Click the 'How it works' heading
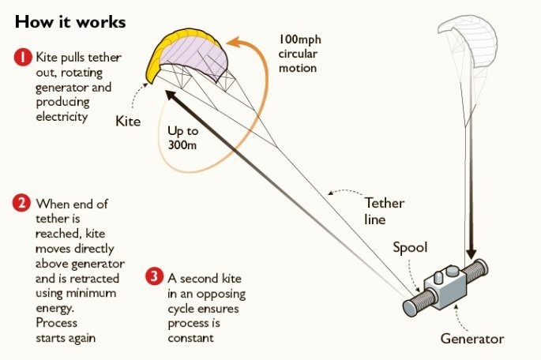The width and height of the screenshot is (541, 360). click(x=70, y=22)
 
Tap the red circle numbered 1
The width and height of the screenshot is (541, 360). click(x=23, y=57)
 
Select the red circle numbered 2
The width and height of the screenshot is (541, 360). click(x=21, y=203)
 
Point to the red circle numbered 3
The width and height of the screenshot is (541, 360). click(x=154, y=276)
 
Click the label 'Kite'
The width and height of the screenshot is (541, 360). click(x=128, y=122)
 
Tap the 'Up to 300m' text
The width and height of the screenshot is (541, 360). click(x=183, y=138)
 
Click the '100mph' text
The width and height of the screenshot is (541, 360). click(x=300, y=39)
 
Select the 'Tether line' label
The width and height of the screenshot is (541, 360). click(x=384, y=211)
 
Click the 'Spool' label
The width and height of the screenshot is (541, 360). click(x=410, y=247)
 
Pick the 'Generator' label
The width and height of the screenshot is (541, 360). click(x=472, y=339)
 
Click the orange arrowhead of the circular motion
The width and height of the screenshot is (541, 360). click(x=235, y=43)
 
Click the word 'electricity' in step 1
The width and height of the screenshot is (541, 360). click(x=62, y=117)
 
